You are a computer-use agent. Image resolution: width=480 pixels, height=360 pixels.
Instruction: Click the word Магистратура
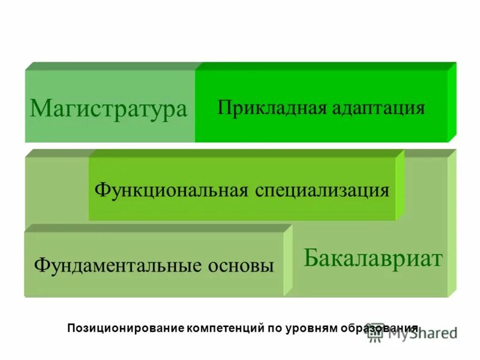tap(109, 109)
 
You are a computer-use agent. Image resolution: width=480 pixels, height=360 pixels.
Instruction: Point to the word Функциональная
tap(170, 190)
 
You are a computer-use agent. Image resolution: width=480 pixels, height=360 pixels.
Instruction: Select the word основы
tap(240, 265)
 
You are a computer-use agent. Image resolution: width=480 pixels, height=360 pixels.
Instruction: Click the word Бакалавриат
tap(373, 258)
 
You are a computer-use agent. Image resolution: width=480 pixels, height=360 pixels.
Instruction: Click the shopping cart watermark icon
tap(376, 332)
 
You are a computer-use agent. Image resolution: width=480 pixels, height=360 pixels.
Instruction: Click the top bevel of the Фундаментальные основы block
tap(156, 228)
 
